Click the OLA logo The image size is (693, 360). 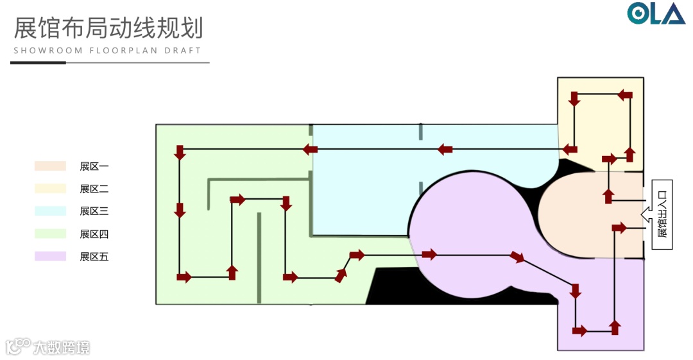(656, 13)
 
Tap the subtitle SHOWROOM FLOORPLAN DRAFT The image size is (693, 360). (107, 50)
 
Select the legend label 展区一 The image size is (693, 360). (94, 166)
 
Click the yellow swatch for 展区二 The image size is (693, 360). (50, 189)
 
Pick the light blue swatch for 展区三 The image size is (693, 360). (50, 211)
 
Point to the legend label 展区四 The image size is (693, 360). (94, 234)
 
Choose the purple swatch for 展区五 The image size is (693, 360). (50, 256)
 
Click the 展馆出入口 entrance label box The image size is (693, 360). (662, 214)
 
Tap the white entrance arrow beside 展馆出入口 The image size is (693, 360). (646, 214)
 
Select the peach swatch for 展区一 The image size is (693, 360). (50, 166)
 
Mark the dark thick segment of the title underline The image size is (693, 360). (38, 63)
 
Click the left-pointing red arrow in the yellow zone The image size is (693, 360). (624, 95)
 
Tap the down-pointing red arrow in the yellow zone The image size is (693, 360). (574, 99)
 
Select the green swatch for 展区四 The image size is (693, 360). (50, 234)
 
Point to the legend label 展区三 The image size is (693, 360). (94, 211)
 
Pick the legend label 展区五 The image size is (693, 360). (94, 256)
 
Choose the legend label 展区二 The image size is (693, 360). (94, 189)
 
